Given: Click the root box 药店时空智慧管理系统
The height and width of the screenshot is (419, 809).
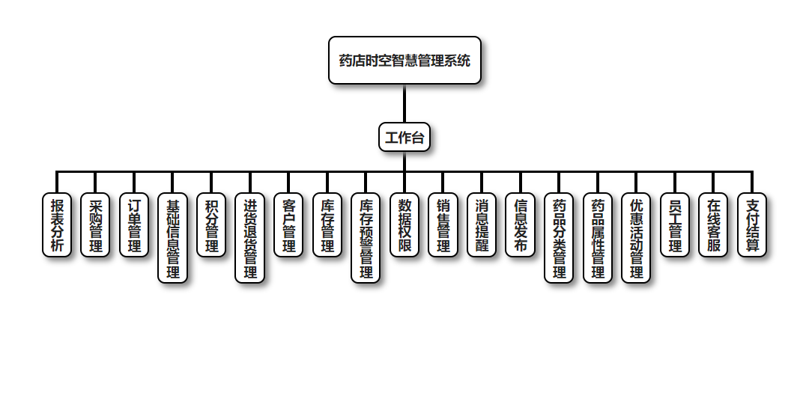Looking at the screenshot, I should point(404,61).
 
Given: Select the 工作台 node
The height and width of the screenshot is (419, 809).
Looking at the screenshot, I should point(404,137).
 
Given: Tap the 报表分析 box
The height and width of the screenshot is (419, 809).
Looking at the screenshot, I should point(57,225).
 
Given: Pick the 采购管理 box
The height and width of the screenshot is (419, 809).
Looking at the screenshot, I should point(95,225).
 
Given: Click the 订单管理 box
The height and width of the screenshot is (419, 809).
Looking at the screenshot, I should point(134,225).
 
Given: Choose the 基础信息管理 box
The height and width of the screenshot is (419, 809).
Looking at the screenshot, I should point(172,238).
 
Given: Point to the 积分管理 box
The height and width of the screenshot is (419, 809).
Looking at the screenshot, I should point(211,225).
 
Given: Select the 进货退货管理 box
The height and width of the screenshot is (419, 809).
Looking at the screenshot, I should point(249,238).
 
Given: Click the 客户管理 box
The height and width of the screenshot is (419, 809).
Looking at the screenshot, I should point(288,225).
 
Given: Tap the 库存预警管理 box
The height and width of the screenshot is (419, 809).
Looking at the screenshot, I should point(366,238).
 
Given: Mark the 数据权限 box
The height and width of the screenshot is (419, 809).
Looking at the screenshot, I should point(404,225).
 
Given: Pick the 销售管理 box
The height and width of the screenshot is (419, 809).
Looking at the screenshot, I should point(443,225).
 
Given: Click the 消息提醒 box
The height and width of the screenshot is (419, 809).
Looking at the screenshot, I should point(482,225).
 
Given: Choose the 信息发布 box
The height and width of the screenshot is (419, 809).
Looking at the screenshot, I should point(520,225).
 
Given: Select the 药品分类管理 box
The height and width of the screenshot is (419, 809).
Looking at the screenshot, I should point(559,238).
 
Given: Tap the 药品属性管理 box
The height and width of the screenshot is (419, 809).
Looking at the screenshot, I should point(598,238).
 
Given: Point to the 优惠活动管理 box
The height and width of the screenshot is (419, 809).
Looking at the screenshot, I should point(636,238).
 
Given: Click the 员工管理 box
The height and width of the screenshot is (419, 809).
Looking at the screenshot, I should point(675,225).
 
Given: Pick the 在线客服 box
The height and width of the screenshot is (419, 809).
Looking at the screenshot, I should point(713,225).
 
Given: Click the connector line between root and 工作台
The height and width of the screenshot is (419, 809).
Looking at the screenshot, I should point(404,103).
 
